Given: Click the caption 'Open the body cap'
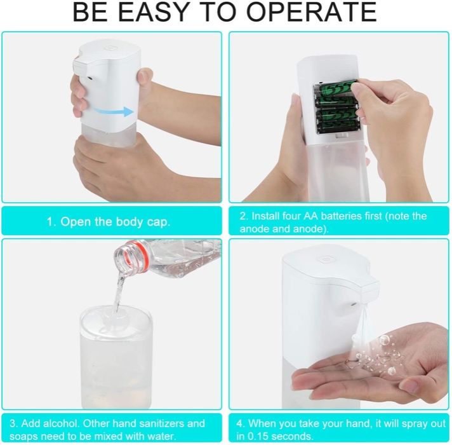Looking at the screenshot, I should (x=111, y=222).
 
